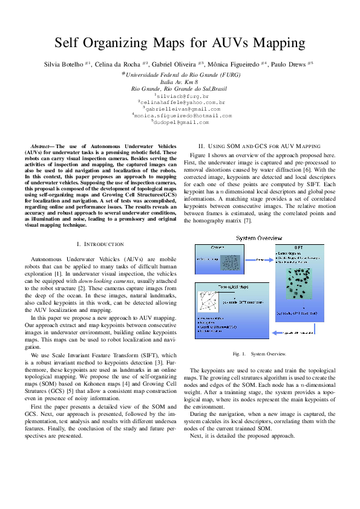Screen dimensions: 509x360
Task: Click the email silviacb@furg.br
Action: (182, 96)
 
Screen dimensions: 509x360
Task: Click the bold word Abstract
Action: (42, 147)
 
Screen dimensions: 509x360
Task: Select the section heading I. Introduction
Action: (100, 244)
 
